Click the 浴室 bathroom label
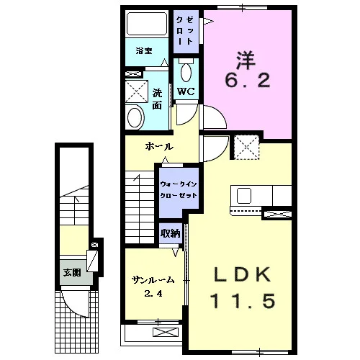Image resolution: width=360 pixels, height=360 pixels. [x=144, y=51]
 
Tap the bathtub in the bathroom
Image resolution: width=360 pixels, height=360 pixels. [x=147, y=24]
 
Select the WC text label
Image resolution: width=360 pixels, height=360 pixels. [x=186, y=91]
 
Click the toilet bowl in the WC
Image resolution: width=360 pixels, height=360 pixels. [x=186, y=71]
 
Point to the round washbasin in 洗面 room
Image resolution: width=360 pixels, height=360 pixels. [x=135, y=117]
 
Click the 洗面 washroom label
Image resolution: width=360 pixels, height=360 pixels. [x=157, y=99]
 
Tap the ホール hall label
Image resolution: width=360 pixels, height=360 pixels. [x=159, y=146]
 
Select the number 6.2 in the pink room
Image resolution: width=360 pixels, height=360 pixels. [x=248, y=81]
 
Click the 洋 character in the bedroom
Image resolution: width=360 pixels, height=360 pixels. [x=247, y=60]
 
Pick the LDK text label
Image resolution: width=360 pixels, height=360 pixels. [x=242, y=276]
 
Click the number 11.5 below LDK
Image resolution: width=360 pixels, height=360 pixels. [x=243, y=302]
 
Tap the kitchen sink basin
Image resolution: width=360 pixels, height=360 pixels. [x=244, y=196]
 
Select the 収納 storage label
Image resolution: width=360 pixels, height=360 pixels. [x=170, y=233]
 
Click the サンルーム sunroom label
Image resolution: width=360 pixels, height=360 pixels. [x=153, y=280]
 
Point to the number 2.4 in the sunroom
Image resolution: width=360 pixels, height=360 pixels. [x=153, y=293]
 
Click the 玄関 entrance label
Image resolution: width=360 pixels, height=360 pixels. [x=72, y=273]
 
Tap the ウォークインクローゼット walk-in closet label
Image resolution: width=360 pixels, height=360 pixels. [x=179, y=189]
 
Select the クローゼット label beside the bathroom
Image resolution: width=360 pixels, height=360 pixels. [x=185, y=31]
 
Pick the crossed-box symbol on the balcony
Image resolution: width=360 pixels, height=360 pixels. [x=166, y=333]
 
